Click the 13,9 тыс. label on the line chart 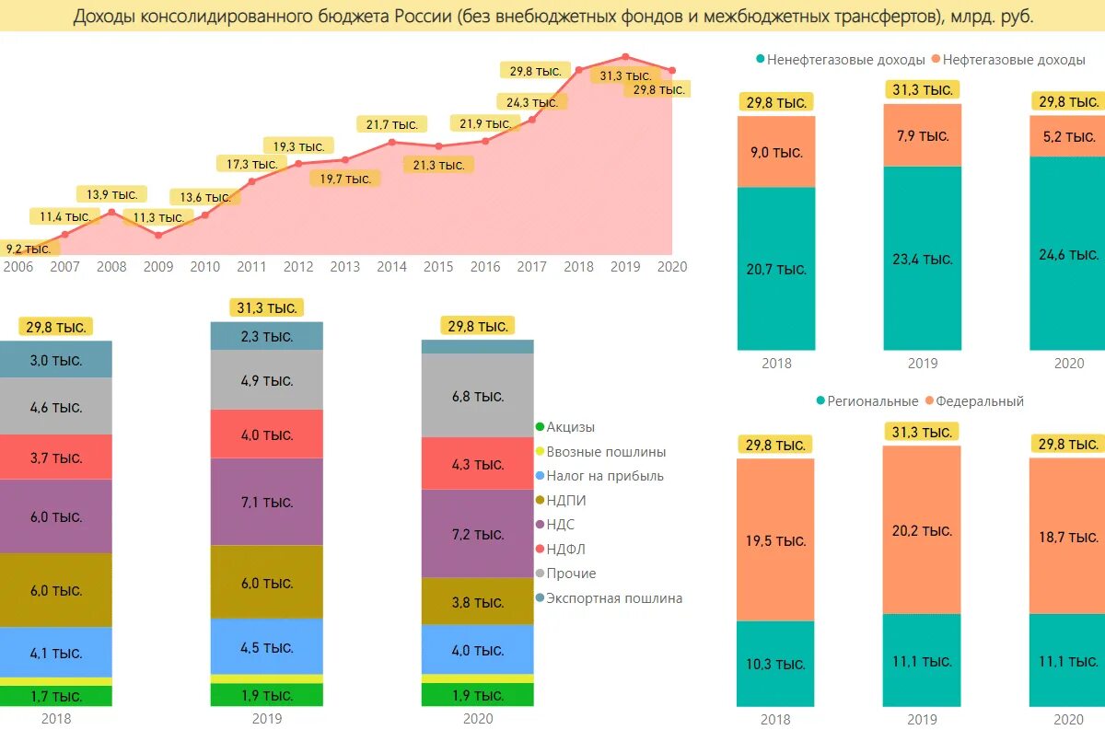click(111, 194)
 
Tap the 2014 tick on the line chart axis click(391, 267)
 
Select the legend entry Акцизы click(570, 427)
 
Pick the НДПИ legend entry click(565, 501)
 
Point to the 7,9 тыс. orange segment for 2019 click(923, 135)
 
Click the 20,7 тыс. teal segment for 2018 click(776, 269)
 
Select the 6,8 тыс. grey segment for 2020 click(477, 396)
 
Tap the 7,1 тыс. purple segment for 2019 click(267, 502)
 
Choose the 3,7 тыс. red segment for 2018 click(56, 457)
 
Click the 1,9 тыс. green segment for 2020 click(477, 695)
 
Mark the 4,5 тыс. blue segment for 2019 click(267, 646)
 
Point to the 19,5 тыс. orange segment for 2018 click(776, 540)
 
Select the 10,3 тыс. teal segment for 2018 click(776, 664)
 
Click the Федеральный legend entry click(980, 401)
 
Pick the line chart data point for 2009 click(158, 235)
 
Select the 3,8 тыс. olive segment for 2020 click(477, 602)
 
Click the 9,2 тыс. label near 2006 click(29, 249)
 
